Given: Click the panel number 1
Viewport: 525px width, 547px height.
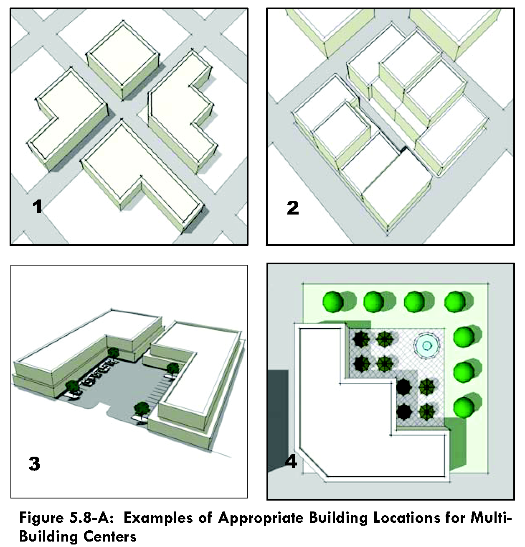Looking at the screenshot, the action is point(37,207).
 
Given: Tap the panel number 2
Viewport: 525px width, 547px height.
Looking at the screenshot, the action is point(293,208).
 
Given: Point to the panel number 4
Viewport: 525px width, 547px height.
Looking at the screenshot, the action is point(291,461).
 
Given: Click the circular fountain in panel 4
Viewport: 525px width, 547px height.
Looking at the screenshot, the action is point(427,345).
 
